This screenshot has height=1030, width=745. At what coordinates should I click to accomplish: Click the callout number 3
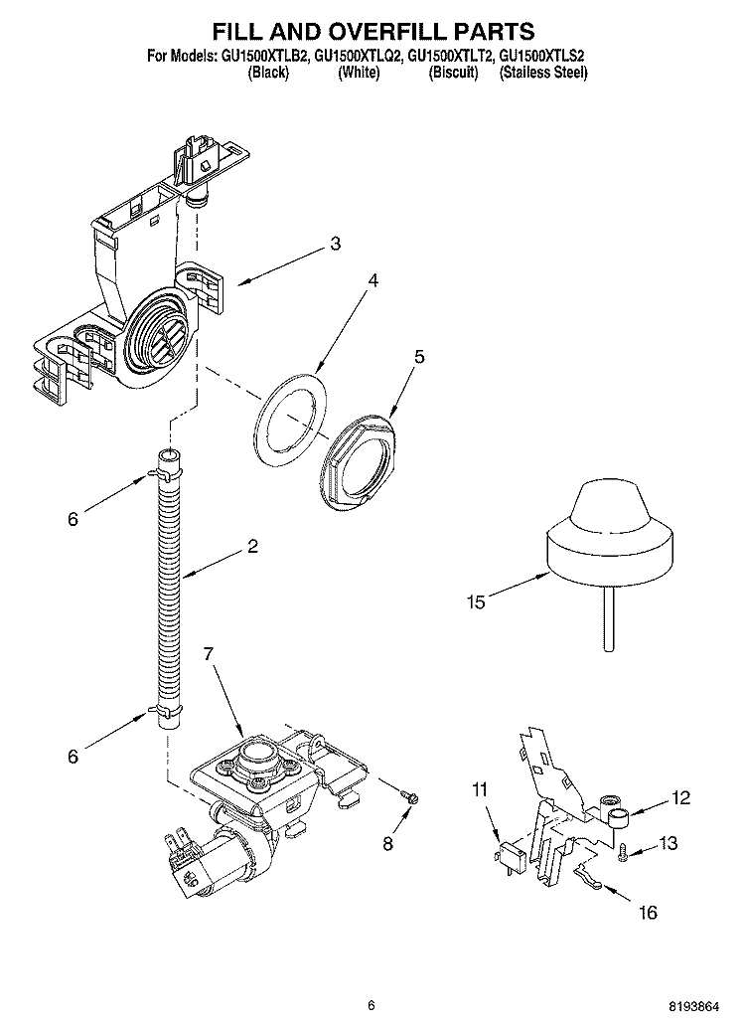coord(336,243)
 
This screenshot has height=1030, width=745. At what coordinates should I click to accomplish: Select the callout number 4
coord(372,281)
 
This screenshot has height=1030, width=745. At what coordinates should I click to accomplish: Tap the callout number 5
coord(419,356)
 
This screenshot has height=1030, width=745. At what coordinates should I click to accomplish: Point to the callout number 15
coord(476,601)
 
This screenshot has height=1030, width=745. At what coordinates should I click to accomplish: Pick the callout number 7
coord(208,653)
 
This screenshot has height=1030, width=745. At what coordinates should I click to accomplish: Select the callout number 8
coord(387,844)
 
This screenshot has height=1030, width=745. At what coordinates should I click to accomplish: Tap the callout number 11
coord(480,790)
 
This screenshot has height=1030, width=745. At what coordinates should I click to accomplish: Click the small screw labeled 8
coord(409,795)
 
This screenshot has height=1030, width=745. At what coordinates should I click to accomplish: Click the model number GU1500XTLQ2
coord(357,58)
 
